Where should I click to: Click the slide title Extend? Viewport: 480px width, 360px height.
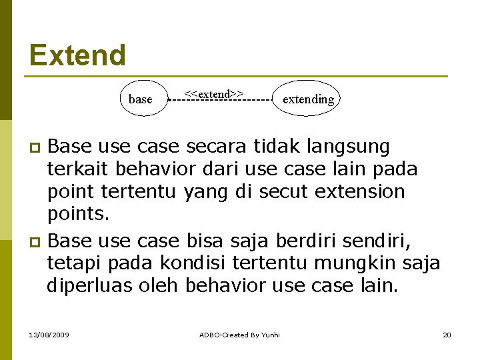77,55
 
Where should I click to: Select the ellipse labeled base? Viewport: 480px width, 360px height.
141,99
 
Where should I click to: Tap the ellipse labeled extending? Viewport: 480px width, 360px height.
307,99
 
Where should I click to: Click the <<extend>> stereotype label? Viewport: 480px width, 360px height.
213,93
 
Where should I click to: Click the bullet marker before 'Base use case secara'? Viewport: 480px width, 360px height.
37,147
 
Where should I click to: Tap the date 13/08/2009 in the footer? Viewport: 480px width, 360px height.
47,335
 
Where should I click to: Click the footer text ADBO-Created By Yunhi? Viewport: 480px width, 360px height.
240,335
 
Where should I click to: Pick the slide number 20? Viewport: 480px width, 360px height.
447,335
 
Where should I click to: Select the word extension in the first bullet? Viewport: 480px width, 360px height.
359,192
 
